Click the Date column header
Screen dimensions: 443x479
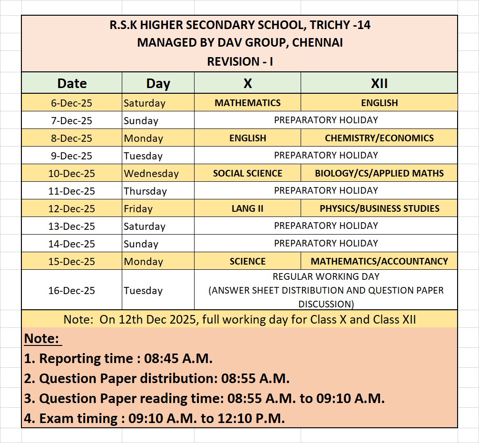click(x=72, y=83)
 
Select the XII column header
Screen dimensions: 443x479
click(x=379, y=83)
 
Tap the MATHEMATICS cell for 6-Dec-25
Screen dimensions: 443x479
click(x=247, y=103)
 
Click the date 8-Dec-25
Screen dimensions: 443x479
click(x=72, y=138)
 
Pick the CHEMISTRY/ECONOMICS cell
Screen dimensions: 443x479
click(x=379, y=138)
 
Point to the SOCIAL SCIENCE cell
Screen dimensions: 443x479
click(x=247, y=173)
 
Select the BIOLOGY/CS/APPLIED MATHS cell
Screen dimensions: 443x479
click(x=379, y=173)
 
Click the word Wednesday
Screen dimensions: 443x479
click(x=151, y=174)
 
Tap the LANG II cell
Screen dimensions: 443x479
click(x=247, y=208)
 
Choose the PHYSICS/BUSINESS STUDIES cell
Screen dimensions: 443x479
click(x=379, y=208)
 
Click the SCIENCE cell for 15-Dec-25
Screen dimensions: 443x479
click(x=247, y=261)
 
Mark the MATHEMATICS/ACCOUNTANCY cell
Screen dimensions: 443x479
click(x=379, y=261)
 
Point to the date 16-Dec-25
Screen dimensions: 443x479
click(x=72, y=290)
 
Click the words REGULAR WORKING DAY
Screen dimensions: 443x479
click(x=326, y=276)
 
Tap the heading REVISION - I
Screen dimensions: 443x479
click(x=240, y=61)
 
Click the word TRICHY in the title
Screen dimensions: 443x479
click(x=322, y=25)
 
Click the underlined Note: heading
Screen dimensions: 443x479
click(x=42, y=339)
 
